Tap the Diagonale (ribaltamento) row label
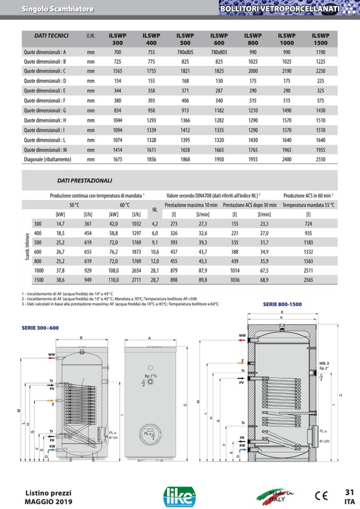click(x=52, y=158)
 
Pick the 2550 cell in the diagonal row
click(x=320, y=158)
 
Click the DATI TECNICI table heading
click(x=51, y=36)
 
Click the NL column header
click(x=156, y=209)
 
